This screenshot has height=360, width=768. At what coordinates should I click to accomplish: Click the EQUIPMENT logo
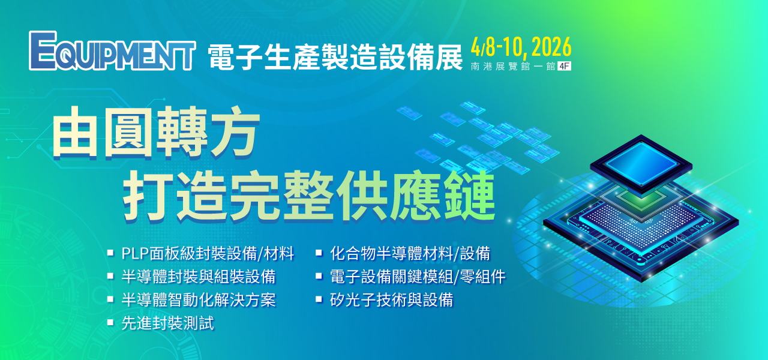112,51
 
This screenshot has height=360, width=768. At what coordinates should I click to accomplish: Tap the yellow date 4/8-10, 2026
521,47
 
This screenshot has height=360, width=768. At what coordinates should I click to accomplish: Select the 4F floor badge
564,66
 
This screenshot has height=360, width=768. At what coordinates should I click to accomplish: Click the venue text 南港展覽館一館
513,66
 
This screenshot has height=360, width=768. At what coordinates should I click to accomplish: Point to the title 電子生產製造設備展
335,57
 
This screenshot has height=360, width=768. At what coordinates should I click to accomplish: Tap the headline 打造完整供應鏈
309,196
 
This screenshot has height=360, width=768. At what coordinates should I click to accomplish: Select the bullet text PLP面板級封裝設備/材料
208,254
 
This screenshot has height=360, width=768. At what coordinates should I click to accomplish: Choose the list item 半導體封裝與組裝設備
199,277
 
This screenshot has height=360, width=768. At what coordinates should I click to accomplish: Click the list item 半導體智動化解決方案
199,299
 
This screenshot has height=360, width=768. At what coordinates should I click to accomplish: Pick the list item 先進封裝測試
168,323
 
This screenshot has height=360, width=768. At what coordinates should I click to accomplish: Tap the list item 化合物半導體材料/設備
410,254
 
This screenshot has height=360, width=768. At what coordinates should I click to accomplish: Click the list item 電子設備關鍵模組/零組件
418,277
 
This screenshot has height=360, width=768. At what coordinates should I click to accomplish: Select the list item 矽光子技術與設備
392,299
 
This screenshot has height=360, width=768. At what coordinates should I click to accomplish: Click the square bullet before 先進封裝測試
110,322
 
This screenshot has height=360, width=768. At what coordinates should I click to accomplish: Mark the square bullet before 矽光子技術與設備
319,299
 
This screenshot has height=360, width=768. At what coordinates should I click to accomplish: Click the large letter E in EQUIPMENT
43,51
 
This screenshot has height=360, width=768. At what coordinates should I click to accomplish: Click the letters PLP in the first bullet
135,254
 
